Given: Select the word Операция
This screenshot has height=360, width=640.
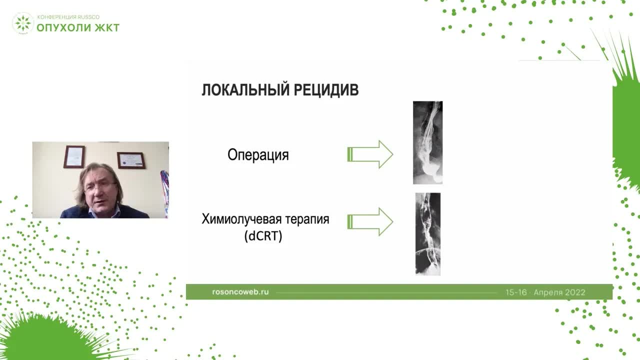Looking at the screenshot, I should (x=258, y=155).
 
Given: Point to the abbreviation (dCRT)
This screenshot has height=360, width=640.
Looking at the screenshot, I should (x=263, y=236).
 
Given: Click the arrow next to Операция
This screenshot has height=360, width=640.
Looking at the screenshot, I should (x=370, y=154).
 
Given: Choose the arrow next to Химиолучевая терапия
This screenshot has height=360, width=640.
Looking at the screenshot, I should (x=370, y=221).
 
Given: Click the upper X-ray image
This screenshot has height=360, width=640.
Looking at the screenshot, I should (x=427, y=142).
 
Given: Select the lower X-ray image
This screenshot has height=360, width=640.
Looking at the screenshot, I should (x=427, y=233).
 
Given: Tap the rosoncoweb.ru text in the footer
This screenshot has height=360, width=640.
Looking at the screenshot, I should (x=240, y=291).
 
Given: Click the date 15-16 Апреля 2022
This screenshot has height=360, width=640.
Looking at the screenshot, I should (x=545, y=292).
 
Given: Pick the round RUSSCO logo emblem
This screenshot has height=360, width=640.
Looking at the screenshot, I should (x=22, y=23).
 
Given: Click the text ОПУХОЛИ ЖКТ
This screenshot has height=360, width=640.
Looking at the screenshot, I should (x=78, y=27).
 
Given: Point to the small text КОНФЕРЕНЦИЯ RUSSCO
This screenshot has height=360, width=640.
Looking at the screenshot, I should (x=68, y=17).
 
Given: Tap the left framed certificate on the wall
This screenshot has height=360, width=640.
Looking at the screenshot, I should (x=74, y=156).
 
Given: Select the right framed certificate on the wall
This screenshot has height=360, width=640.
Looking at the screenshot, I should (x=131, y=160).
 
